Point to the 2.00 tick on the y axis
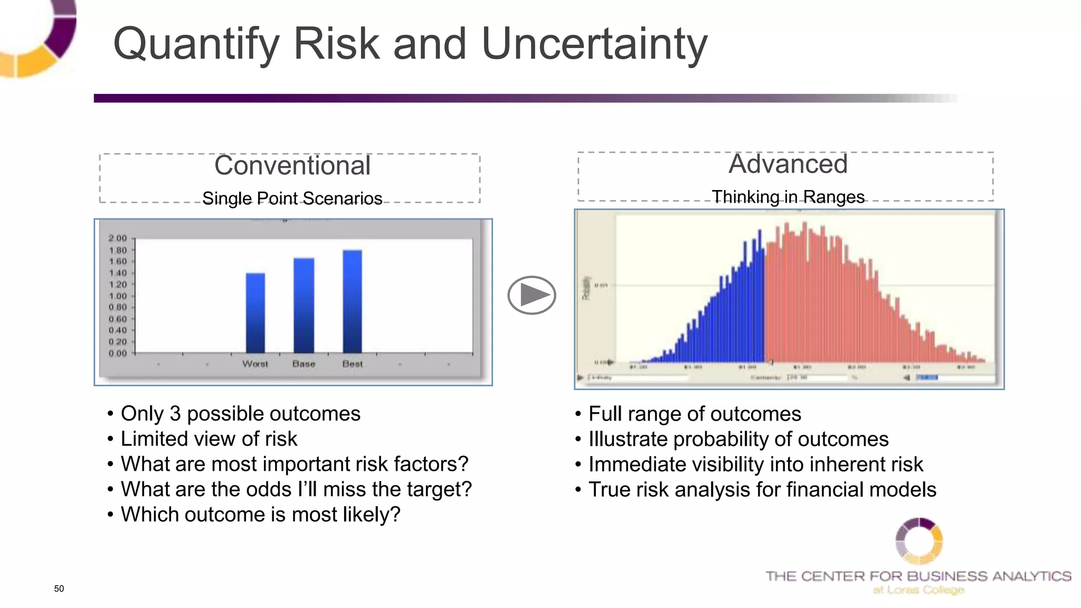click(118, 238)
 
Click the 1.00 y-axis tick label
click(118, 296)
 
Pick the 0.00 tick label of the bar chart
click(118, 353)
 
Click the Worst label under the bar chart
click(255, 364)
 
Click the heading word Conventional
click(292, 166)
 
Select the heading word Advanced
click(788, 164)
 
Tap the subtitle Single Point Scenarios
click(292, 198)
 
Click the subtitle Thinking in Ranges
click(788, 197)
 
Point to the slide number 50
click(59, 588)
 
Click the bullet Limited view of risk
click(208, 439)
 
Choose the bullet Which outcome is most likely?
click(260, 514)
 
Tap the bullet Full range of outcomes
click(694, 414)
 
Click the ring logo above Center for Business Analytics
click(919, 541)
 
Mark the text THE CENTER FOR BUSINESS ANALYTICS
click(918, 576)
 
